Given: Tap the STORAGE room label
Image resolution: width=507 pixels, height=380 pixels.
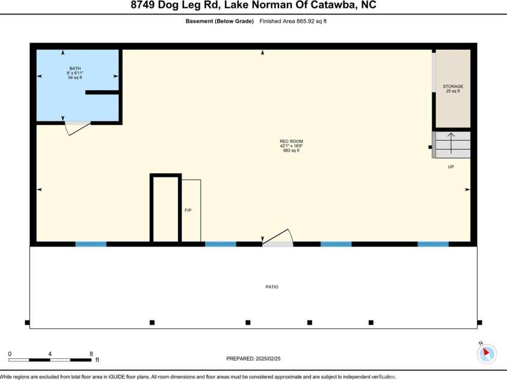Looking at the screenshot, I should click(x=453, y=87).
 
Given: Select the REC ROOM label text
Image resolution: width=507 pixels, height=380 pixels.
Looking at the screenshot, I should click(x=291, y=141).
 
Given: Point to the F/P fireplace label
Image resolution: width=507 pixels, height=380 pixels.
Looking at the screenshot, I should click(x=188, y=210).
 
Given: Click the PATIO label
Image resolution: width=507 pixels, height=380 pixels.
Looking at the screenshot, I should click(x=272, y=287).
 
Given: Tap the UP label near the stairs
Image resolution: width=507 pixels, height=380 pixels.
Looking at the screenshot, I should click(x=450, y=167).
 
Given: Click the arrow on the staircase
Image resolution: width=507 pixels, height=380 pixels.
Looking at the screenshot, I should click(x=451, y=144).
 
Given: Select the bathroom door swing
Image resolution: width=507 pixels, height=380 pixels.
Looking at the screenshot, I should click(x=78, y=127).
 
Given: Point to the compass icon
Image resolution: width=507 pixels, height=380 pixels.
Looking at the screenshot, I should click(x=486, y=354).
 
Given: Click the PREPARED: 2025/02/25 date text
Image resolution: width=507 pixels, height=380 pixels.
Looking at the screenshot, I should click(x=253, y=358).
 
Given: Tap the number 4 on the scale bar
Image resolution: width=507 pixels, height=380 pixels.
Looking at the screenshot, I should click(x=50, y=354).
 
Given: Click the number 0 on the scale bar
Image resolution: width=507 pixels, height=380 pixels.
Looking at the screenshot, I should click(x=10, y=354).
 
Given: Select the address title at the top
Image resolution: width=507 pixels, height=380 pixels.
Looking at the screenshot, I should click(x=253, y=6).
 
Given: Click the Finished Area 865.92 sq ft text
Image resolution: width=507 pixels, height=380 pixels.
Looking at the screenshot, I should click(x=293, y=21).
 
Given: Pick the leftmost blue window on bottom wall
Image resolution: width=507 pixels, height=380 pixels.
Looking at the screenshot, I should click(x=91, y=244).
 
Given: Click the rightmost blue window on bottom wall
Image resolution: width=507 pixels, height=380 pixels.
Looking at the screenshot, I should click(x=433, y=244).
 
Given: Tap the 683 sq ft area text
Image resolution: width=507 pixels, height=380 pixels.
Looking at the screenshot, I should click(x=291, y=150).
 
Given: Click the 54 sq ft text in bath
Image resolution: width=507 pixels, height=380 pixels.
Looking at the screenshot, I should click(x=75, y=78).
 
